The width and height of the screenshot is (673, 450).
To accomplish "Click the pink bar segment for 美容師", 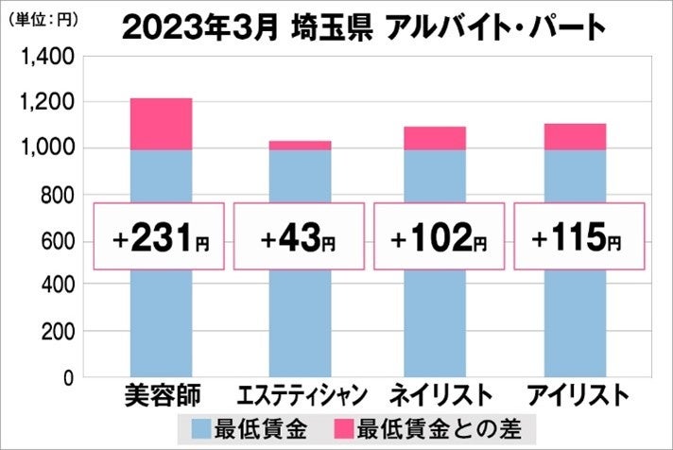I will [161, 124].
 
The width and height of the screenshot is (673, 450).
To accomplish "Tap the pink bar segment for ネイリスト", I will [435, 138].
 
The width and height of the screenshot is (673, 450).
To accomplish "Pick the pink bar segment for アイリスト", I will [575, 136].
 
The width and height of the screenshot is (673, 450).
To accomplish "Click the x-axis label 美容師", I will [161, 394].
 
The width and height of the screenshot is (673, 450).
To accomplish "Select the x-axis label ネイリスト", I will [435, 394].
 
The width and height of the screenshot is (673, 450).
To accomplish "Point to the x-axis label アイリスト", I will [575, 394].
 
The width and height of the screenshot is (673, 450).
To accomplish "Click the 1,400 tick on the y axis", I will [47, 57].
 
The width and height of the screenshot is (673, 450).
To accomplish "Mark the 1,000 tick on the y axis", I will [47, 148].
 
